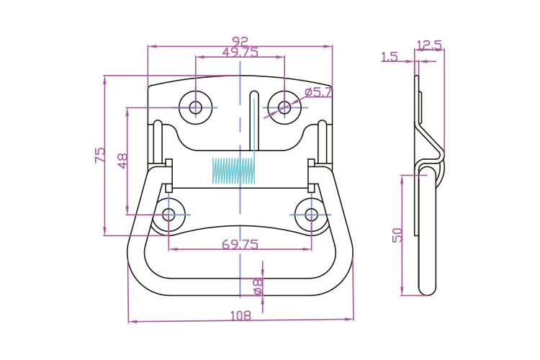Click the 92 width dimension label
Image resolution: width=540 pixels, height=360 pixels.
[240, 41]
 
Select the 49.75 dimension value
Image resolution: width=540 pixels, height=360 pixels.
[240, 52]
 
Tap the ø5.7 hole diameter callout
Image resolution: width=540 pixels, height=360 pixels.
[318, 92]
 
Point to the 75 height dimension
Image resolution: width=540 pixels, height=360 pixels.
[99, 156]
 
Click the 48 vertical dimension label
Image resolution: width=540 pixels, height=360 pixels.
[122, 161]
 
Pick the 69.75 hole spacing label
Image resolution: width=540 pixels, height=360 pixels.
[240, 245]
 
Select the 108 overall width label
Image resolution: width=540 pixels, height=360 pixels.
[240, 315]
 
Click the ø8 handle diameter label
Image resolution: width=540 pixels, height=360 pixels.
[257, 287]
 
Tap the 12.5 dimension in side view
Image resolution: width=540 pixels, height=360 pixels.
[429, 45]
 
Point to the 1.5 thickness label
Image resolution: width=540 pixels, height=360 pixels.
[390, 57]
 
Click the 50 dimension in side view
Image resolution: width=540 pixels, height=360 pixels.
[397, 235]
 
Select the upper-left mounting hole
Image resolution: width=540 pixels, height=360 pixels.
[196, 107]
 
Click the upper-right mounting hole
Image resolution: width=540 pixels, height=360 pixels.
[285, 107]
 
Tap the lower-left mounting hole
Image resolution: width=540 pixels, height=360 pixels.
[169, 214]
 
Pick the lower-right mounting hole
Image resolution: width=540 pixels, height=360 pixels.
[311, 214]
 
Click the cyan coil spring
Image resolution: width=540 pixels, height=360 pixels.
[234, 170]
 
